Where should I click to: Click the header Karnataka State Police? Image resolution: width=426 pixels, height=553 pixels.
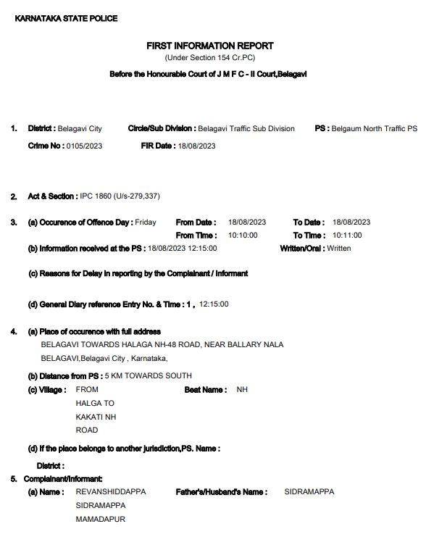click(x=66, y=18)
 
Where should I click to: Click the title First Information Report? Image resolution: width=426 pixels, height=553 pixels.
click(x=210, y=46)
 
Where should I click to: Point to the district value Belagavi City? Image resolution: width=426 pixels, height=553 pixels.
click(x=80, y=128)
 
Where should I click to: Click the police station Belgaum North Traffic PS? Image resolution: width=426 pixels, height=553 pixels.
click(x=375, y=128)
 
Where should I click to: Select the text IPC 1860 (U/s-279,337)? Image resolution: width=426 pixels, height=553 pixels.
click(x=120, y=196)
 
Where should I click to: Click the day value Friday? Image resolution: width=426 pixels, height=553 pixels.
click(x=146, y=222)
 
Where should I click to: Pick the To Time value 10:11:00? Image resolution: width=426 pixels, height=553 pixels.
click(x=347, y=235)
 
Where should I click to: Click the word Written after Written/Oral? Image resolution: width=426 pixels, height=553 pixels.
click(x=339, y=248)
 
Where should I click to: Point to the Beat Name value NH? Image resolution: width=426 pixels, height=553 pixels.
click(x=242, y=389)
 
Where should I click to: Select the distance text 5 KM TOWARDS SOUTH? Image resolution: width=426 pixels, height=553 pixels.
click(x=149, y=375)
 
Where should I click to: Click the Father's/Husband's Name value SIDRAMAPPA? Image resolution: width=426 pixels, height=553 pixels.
click(x=309, y=491)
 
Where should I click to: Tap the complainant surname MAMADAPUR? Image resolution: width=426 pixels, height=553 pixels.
click(x=101, y=519)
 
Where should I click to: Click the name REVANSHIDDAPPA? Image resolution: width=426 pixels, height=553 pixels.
click(x=111, y=491)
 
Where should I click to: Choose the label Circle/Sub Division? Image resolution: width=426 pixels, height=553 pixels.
click(x=161, y=128)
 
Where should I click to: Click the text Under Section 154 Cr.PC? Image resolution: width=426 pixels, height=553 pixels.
click(x=210, y=57)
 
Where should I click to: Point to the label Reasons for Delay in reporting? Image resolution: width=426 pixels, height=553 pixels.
click(x=138, y=273)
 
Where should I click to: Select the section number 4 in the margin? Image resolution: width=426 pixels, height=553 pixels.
click(x=13, y=331)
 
